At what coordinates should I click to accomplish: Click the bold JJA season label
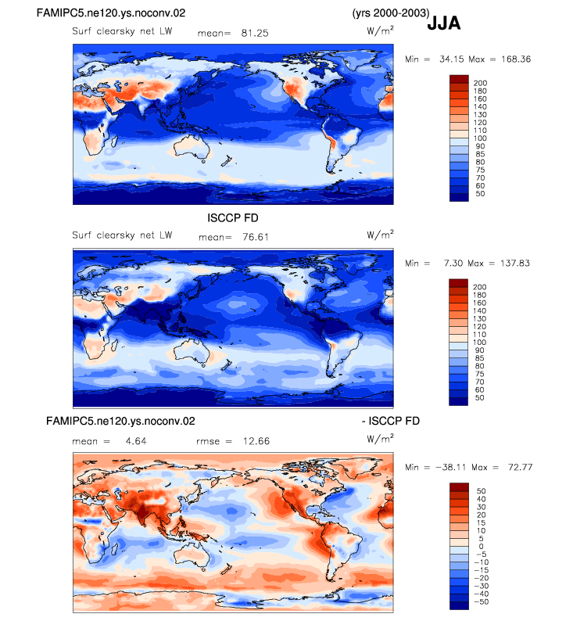point(443,23)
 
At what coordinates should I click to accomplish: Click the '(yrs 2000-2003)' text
point(391,13)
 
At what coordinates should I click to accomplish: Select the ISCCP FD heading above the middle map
point(233,218)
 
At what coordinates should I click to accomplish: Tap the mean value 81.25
point(255,33)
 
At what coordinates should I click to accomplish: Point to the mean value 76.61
point(256,237)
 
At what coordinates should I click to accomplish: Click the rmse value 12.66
point(256,441)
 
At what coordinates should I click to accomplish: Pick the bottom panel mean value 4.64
point(136,441)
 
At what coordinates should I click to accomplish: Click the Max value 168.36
point(516,59)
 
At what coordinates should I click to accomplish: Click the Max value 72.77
point(521,467)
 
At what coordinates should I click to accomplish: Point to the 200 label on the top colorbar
point(480,83)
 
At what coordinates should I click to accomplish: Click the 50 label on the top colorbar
point(480,194)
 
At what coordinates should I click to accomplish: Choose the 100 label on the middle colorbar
point(480,343)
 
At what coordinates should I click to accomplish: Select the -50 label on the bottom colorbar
point(482,601)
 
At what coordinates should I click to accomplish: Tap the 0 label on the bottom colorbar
point(482,546)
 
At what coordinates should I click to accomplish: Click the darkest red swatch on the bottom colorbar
point(459,486)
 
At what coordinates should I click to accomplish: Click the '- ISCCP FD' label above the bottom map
point(391,421)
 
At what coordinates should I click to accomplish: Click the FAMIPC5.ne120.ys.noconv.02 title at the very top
point(111,13)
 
